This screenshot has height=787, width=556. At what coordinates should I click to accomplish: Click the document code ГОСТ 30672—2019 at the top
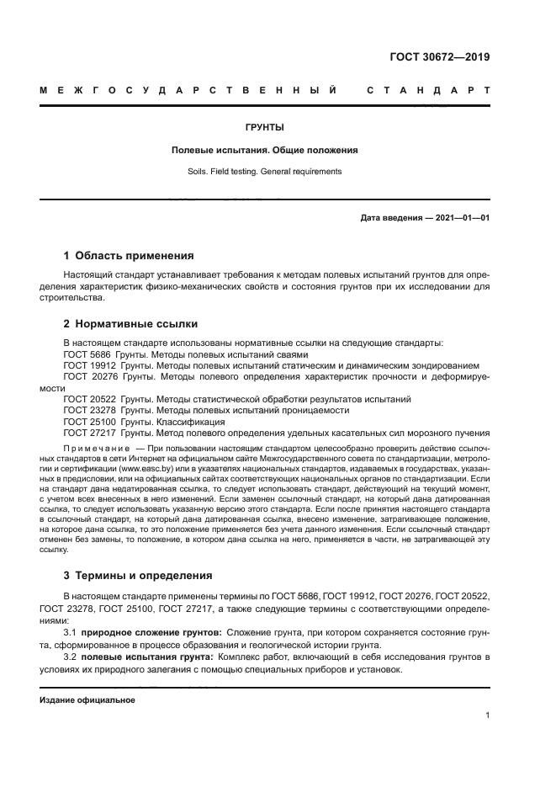coord(440,58)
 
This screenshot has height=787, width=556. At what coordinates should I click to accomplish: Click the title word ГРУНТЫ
coord(265,128)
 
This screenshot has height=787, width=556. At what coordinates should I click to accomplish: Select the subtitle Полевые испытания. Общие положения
coord(265,150)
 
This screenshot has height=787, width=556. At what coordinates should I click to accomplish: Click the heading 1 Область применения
coord(129,255)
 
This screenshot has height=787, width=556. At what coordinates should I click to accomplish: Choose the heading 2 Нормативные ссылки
coord(130,322)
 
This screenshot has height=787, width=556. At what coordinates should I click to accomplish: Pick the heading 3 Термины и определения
coord(139,576)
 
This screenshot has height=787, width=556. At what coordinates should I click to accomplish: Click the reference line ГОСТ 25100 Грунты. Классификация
coord(144,421)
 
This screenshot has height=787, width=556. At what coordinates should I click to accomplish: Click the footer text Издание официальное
coord(87,700)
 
